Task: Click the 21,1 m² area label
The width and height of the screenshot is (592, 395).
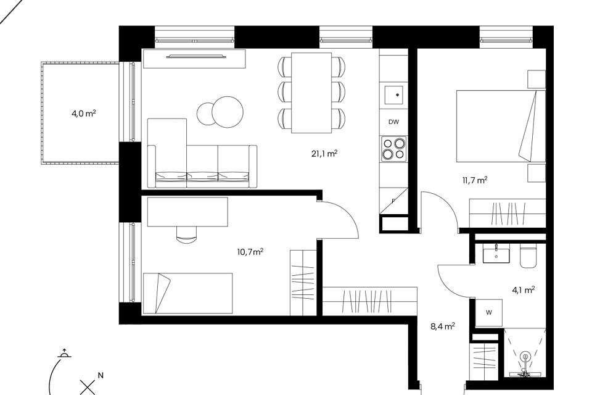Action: coord(324,154)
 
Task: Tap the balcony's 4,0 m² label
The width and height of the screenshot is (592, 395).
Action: coord(83,113)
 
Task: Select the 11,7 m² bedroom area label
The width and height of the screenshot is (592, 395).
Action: coord(475,180)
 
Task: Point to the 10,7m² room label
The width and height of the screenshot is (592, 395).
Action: coord(250,251)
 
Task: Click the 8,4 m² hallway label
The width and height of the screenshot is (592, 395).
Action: coord(443,326)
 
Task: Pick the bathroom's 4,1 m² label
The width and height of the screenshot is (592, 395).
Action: coord(524,290)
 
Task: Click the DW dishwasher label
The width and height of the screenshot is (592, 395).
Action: coord(393,122)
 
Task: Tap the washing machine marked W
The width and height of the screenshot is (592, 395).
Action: coord(488,312)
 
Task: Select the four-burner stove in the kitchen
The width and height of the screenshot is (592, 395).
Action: coord(394,149)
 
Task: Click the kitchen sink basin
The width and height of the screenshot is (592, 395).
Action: coord(394,95)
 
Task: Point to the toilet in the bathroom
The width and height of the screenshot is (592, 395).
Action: coord(528,256)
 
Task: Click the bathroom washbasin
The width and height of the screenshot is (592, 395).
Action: coord(496,253)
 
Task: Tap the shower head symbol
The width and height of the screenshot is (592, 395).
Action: coord(525,357)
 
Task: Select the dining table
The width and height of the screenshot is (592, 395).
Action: coord(311,93)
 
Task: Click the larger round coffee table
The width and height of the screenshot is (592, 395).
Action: coord(228,112)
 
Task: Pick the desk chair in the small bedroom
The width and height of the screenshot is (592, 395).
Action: coord(186,235)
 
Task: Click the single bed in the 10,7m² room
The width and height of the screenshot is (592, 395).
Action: coord(187,293)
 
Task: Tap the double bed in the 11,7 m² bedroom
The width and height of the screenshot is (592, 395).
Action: coord(501,126)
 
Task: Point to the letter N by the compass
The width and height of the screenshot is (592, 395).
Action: coord(101,375)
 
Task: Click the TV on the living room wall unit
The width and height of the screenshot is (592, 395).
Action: coord(196,57)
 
